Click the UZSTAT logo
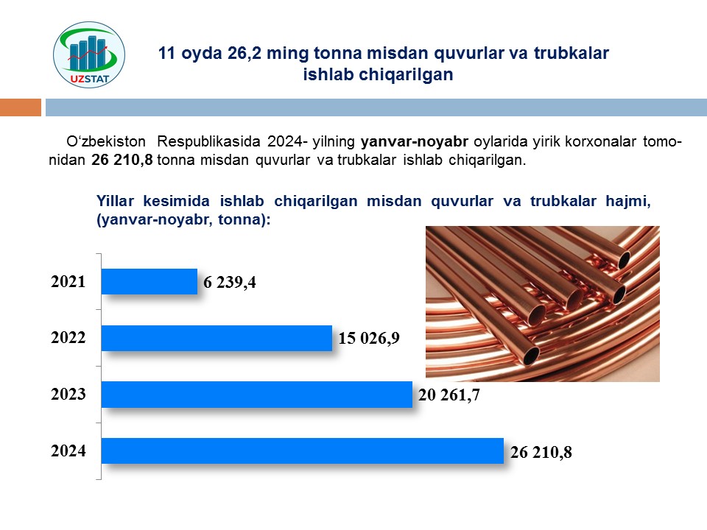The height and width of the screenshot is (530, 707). click(89, 54)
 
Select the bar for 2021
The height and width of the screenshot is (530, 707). click(150, 282)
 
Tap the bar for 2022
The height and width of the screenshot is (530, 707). click(217, 338)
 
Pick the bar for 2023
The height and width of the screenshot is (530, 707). click(257, 395)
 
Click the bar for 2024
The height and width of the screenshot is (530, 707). click(303, 451)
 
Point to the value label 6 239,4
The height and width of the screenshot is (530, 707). click(230, 283)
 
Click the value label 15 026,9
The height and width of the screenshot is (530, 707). click(369, 339)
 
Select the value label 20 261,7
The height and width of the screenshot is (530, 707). click(449, 395)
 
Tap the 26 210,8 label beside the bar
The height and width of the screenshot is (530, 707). click(541, 452)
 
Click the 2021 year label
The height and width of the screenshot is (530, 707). click(68, 282)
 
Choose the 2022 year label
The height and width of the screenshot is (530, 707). click(68, 338)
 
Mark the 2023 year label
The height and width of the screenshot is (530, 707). click(68, 395)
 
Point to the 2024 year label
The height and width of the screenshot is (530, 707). click(68, 451)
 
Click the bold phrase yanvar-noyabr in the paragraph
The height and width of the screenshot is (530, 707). click(415, 142)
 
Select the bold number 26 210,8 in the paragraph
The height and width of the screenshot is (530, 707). click(122, 160)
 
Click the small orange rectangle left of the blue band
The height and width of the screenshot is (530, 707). click(21, 107)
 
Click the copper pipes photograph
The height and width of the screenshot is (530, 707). click(543, 304)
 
